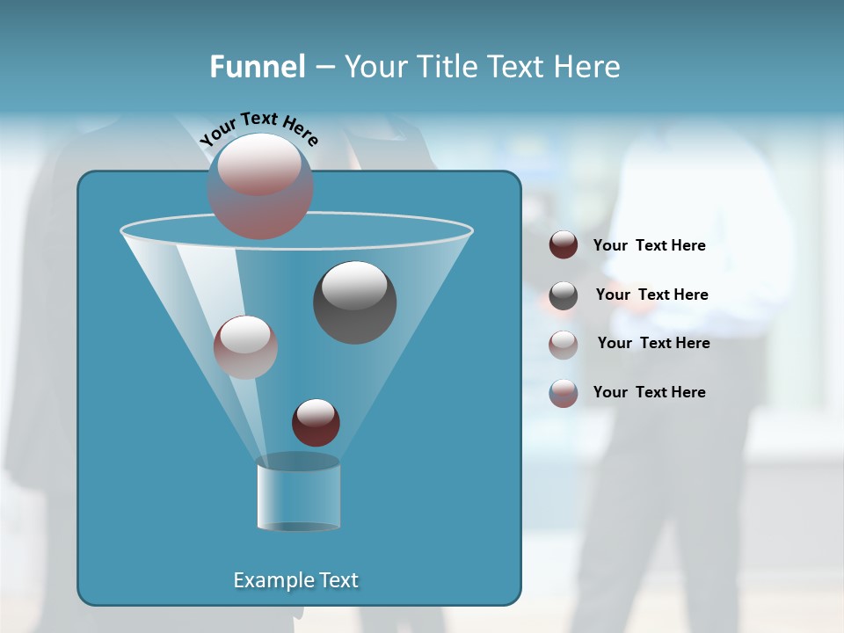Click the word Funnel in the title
pos(257,67)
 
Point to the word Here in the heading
pos(587,67)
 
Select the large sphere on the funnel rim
pos(260,186)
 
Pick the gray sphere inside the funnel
pos(355,302)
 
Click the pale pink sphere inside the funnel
pos(245,346)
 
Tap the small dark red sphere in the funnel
pos(316,422)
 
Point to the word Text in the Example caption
pos(337,580)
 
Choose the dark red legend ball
pos(564,245)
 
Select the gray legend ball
pos(564,295)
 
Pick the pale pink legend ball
pos(564,345)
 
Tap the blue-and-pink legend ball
pos(564,393)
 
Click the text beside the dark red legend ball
pos(649,245)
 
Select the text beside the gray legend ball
pos(651,295)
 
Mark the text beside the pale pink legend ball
pos(653,343)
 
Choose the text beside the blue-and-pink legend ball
pos(649,392)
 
